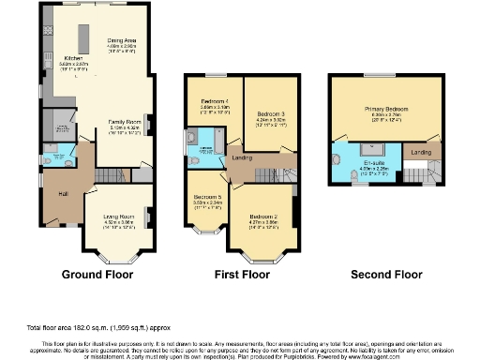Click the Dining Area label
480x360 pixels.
point(124,41)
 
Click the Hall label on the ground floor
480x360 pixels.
point(63,193)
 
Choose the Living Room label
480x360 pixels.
point(119,217)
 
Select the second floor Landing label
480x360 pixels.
point(421,151)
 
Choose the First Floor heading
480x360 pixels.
point(240,275)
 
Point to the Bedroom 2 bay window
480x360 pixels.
point(263,255)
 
